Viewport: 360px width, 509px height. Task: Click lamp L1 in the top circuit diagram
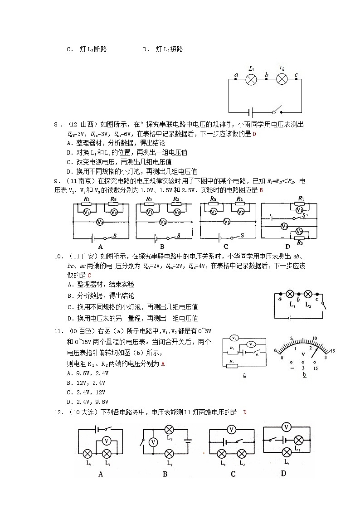click(x=251, y=79)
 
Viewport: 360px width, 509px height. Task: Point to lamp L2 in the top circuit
click(x=282, y=79)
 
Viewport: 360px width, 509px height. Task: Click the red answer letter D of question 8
click(x=254, y=134)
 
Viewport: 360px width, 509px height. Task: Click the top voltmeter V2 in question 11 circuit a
click(x=234, y=338)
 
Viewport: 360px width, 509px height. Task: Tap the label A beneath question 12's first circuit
click(x=100, y=474)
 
